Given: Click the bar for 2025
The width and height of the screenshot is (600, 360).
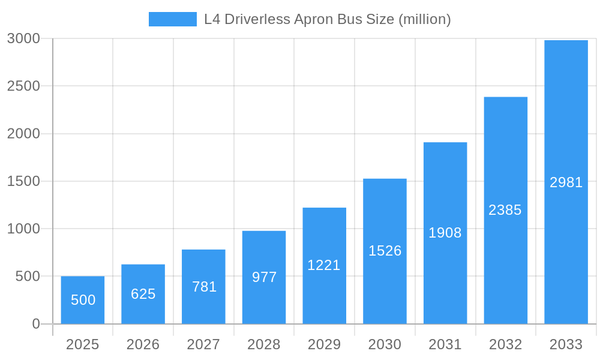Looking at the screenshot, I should [x=83, y=300].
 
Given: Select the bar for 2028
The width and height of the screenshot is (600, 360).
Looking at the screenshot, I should [x=264, y=277].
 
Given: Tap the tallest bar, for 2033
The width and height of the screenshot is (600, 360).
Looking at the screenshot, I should [x=566, y=182].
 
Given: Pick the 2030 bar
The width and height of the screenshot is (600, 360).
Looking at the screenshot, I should [x=385, y=251].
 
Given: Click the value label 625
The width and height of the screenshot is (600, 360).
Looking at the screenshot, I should [x=143, y=294].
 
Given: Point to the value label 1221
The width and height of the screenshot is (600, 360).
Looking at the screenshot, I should [x=324, y=265].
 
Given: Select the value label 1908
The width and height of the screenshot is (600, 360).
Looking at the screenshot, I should [x=445, y=233].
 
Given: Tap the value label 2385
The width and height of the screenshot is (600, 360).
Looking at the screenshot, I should [x=505, y=210].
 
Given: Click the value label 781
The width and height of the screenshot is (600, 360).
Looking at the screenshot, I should [x=204, y=287].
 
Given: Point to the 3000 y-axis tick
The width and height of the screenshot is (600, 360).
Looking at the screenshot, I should [x=23, y=38].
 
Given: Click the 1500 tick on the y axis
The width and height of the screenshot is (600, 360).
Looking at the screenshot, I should [x=23, y=181].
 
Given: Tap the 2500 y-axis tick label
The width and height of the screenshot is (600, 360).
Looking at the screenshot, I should [x=23, y=86].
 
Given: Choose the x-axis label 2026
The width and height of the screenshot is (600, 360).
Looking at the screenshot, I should [x=143, y=344].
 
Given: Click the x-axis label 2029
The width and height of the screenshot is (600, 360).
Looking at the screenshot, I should [x=324, y=344].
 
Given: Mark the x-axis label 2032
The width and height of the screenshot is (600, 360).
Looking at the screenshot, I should [x=505, y=344].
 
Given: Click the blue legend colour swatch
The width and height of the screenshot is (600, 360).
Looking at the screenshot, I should [x=173, y=19].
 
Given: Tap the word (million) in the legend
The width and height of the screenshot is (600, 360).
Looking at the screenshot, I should [x=425, y=19].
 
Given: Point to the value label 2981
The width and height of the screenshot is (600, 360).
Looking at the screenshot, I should [x=566, y=182].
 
